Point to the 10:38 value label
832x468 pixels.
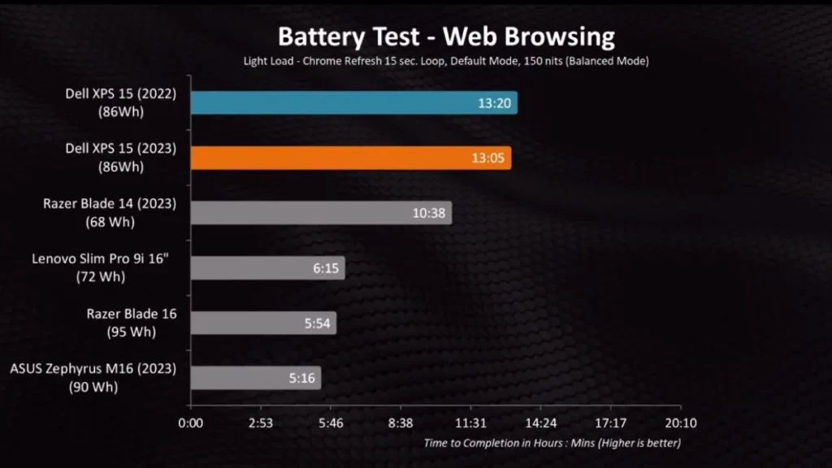428,213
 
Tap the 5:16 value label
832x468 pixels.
301,378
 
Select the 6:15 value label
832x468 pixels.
325,268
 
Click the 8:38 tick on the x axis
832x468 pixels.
401,423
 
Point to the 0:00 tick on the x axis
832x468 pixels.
191,423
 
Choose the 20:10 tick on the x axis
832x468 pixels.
680,423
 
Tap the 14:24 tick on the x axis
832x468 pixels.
540,423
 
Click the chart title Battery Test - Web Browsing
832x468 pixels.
446,37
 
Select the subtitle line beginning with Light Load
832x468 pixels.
446,61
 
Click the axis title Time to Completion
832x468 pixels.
552,444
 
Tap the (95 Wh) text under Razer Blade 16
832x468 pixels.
131,331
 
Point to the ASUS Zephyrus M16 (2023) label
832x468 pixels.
93,370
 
